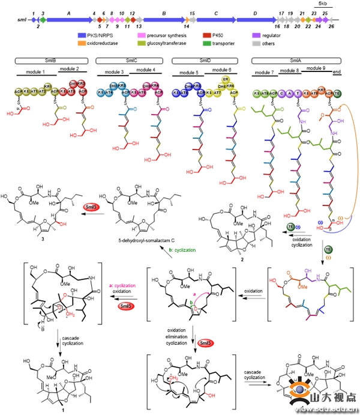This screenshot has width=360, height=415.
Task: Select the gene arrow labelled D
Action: [x=256, y=19]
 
